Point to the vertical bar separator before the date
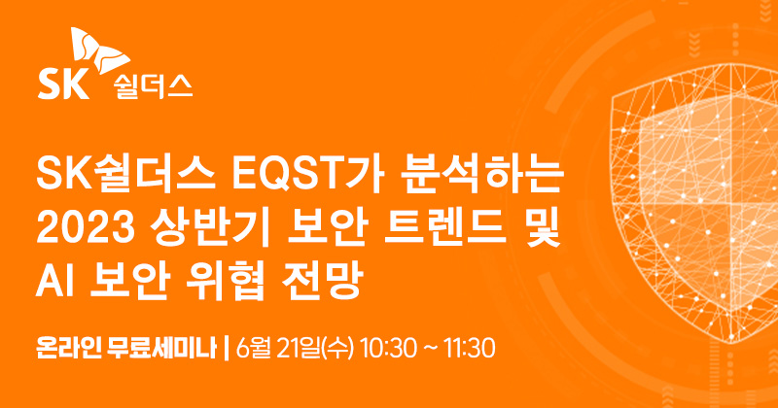tap(226, 345)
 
